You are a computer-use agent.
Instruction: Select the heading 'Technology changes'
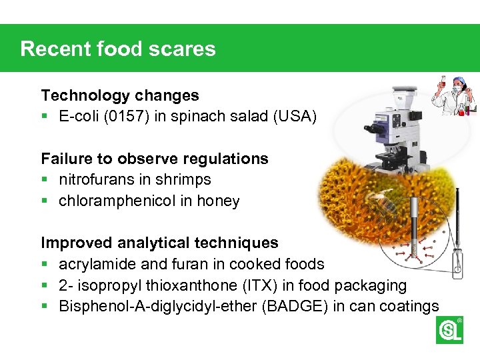[x=120, y=96]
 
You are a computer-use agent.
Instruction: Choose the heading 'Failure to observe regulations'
[x=155, y=159]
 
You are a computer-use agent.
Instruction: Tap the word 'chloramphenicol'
[x=117, y=201]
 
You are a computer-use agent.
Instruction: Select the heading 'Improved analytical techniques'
[x=160, y=243]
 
